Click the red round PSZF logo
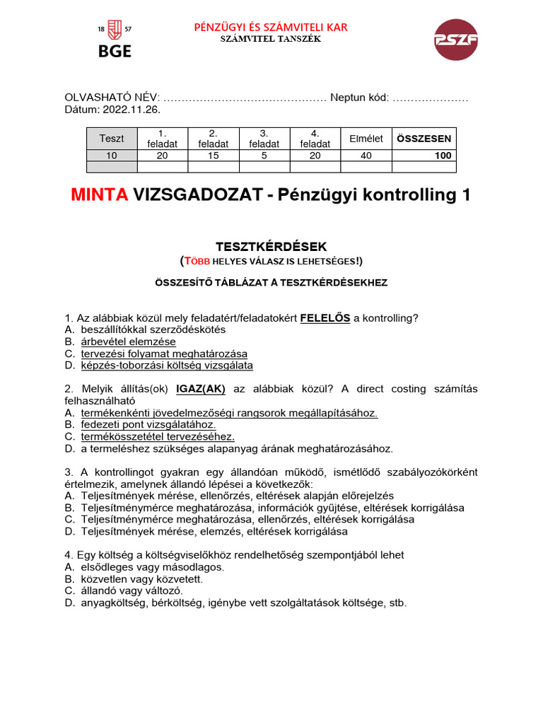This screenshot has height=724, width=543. point(455,40)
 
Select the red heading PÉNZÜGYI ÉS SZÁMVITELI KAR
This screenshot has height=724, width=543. point(271,28)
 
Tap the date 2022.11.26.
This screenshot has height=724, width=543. point(132,110)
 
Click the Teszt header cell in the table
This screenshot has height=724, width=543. point(111,139)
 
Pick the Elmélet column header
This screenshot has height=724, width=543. point(366,139)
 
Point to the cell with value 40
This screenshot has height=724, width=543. point(366,156)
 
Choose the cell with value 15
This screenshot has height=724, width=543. point(213,156)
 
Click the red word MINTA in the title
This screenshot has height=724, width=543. point(99,195)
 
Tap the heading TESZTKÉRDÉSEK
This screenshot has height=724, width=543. point(271,247)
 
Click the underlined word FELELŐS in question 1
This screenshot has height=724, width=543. point(325,318)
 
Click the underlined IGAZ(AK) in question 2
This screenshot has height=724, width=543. point(201,388)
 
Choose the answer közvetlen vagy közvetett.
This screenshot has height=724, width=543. point(141,579)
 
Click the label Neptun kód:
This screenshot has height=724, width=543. point(359,98)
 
